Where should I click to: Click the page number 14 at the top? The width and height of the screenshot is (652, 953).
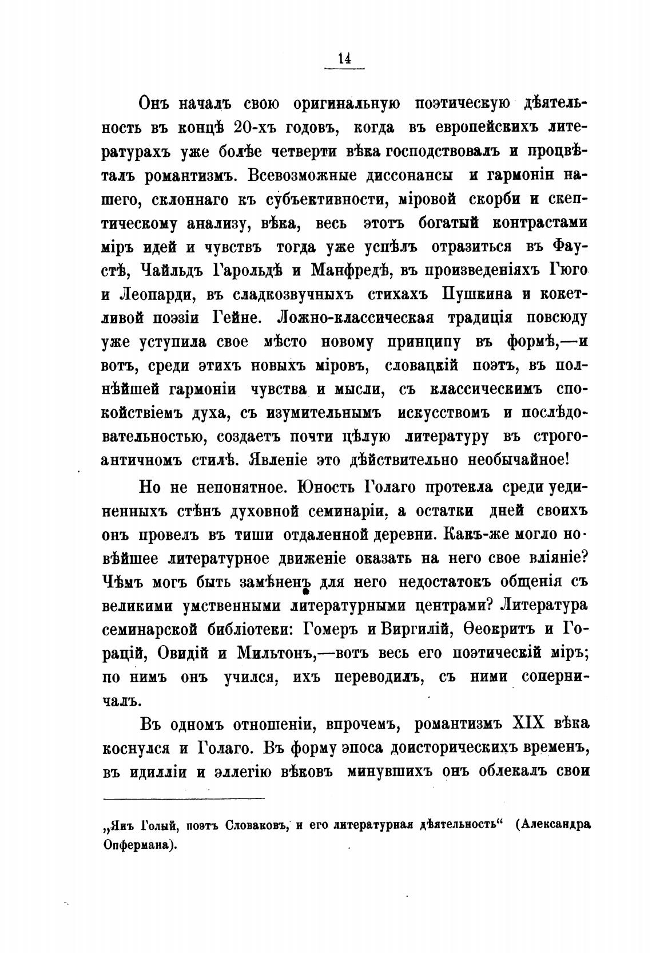(x=344, y=59)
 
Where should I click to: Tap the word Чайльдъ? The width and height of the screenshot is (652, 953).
(x=172, y=268)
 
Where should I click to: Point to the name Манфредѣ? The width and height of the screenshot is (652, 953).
(x=341, y=268)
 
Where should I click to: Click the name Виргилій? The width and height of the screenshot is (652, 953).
(x=414, y=630)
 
